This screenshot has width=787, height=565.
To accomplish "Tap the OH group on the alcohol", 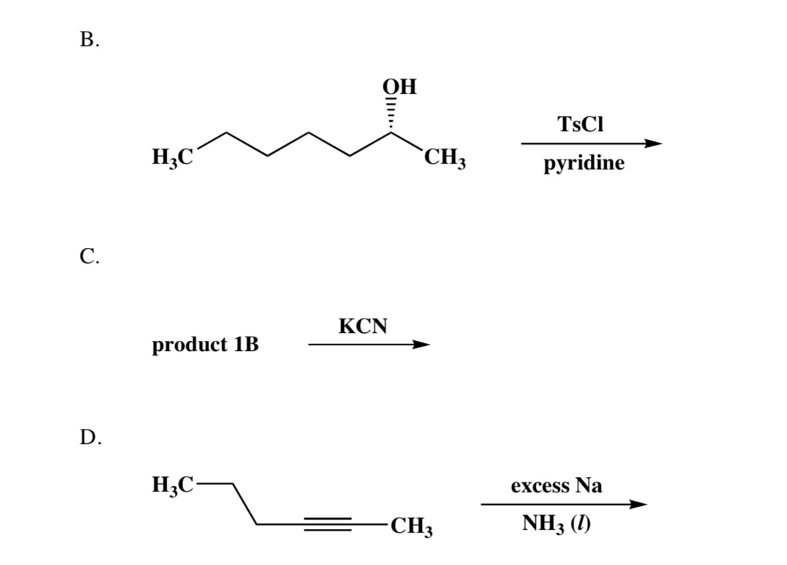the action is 399,89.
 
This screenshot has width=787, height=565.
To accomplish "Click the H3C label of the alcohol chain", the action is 172,156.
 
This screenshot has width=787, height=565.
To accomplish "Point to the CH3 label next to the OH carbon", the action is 444,157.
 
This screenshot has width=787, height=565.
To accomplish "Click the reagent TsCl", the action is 581,124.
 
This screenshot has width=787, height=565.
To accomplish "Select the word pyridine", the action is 584,164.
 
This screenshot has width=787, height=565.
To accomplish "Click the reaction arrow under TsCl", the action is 591,143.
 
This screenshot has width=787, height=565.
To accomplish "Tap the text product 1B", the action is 206,345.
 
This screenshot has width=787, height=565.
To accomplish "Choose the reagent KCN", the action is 363,326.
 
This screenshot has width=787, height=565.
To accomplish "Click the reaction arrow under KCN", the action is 369,345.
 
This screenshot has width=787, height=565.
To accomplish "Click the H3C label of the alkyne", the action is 172,484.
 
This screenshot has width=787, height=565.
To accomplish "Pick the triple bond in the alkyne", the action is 327,524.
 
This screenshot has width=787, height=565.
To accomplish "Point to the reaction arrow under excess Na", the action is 560,504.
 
